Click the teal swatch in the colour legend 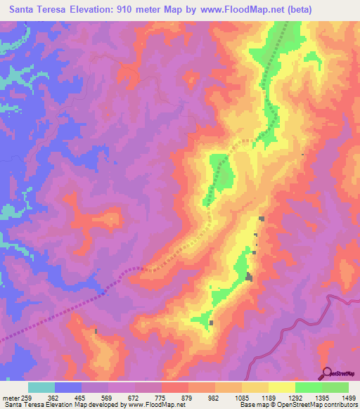pos(41,387)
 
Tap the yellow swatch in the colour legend pos(281,387)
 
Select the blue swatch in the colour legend pos(68,387)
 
